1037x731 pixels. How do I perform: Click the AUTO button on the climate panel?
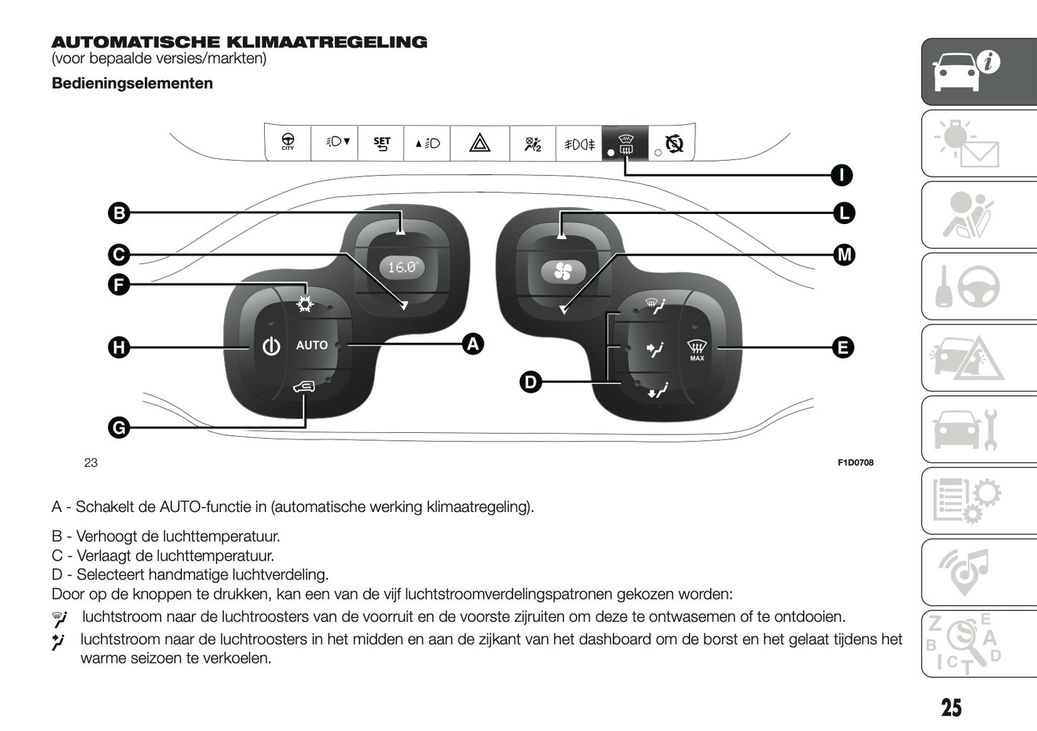311,345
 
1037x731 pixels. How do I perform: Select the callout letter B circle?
119,213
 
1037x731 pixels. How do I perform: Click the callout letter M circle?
844,255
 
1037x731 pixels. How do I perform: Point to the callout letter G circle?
119,428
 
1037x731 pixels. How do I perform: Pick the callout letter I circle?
841,174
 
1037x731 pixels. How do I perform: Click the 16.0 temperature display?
402,267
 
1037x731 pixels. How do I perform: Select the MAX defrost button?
697,350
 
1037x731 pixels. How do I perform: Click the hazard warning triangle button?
479,143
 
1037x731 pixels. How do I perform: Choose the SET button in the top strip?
382,143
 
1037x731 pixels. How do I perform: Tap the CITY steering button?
288,142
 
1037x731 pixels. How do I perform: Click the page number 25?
951,707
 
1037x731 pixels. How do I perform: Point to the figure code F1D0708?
855,462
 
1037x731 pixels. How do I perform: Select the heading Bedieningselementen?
132,83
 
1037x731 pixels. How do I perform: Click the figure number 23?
90,462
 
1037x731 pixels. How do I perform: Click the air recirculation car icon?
304,388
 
